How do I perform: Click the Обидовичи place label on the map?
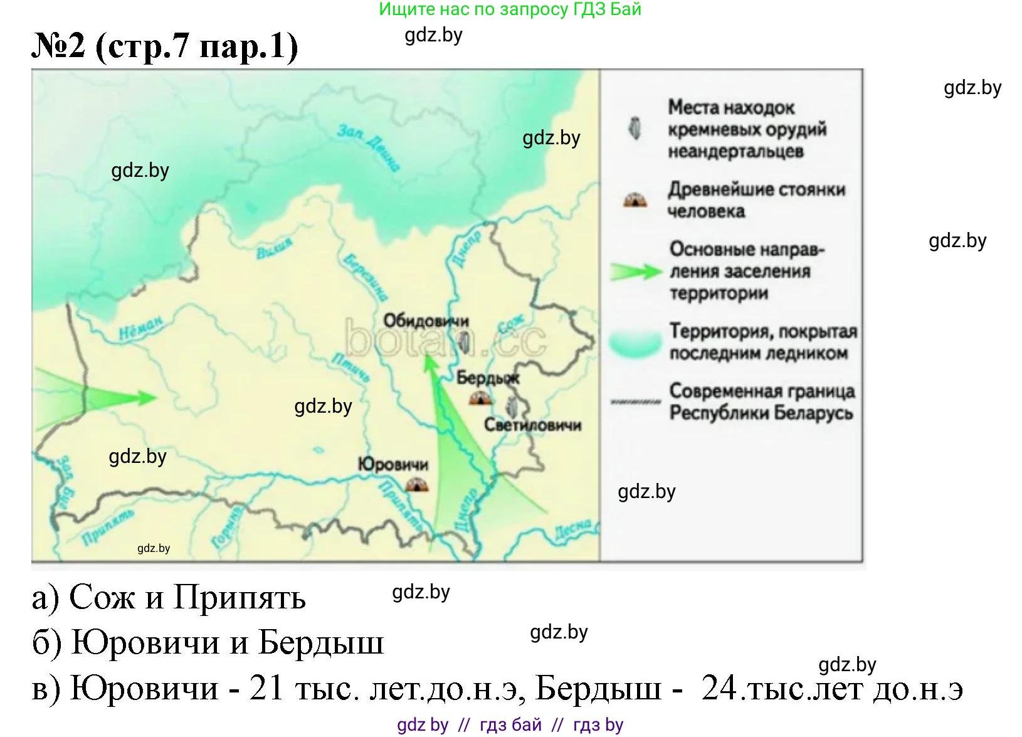426,321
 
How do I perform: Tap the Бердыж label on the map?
488,378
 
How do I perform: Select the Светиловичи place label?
532,425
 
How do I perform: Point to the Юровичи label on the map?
393,465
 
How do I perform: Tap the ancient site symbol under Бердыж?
480,398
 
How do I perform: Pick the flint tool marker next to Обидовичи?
465,342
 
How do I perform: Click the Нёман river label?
140,327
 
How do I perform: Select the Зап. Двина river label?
369,147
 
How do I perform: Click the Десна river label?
572,531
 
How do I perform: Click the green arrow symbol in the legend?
636,272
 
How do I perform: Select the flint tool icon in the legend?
635,129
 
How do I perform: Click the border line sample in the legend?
635,402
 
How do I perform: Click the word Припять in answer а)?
240,597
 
